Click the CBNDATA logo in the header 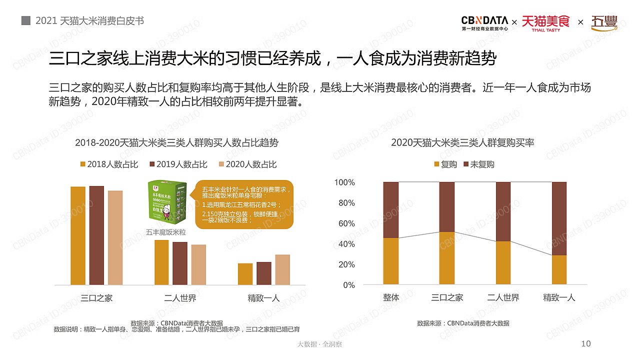[484, 22]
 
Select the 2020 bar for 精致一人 [282, 269]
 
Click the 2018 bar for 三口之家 [78, 235]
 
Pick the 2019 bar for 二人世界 [180, 263]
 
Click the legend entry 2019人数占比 [178, 164]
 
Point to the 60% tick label [344, 223]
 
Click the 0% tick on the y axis [348, 285]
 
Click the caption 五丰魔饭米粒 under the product [166, 232]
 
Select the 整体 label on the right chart [391, 297]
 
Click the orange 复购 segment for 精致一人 [559, 270]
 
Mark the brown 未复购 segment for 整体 [391, 209]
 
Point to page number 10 [586, 343]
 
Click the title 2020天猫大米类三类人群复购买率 [462, 142]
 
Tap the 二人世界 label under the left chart [180, 298]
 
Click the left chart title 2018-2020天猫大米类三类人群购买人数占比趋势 [176, 142]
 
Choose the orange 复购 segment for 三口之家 [447, 258]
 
